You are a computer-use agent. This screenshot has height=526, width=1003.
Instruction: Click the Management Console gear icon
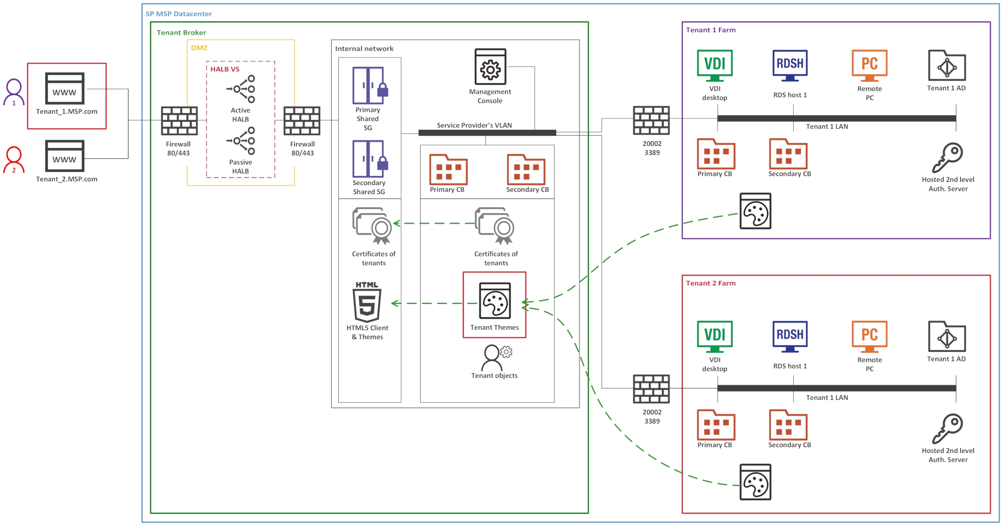pos(490,67)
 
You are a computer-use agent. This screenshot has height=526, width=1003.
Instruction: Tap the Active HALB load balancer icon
pos(241,89)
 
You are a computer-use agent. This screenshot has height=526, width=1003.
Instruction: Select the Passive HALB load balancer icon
pos(241,141)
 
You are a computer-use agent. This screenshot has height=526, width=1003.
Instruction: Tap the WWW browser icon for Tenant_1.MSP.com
pos(65,88)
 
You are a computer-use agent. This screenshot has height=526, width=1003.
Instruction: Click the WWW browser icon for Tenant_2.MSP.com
pos(65,156)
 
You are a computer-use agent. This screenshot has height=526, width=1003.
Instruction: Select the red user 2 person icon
pos(14,160)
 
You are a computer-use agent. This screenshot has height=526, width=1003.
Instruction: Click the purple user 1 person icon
pos(14,92)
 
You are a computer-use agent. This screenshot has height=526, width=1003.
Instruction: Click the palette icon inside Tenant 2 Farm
pos(755,482)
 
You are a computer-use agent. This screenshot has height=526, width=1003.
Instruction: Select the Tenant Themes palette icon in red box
pos(495,301)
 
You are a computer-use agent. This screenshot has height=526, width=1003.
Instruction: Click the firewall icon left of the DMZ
pos(179,121)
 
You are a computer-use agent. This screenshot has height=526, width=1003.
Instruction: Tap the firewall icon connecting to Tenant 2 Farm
pos(651,389)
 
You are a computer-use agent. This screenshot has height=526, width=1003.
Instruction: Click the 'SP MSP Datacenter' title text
pos(178,14)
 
